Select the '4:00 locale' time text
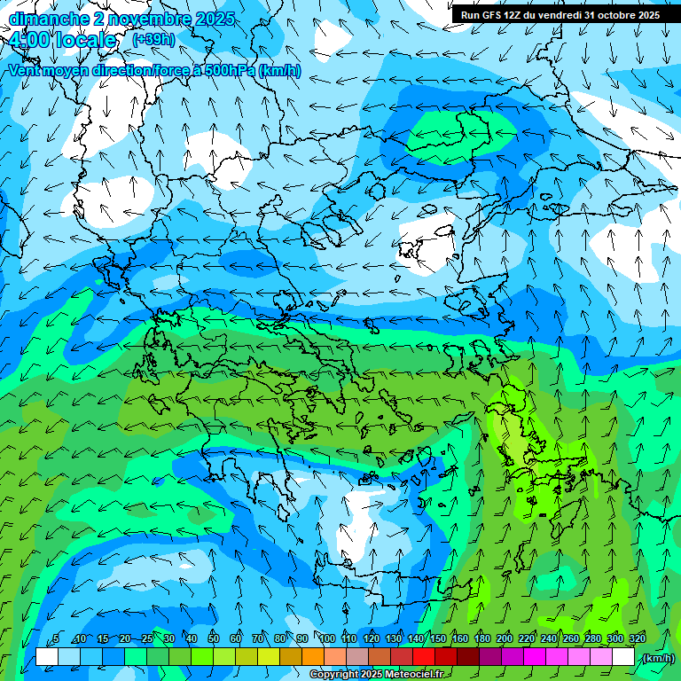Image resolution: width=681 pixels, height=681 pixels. tap(62, 41)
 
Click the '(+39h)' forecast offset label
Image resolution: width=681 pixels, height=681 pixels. tap(154, 40)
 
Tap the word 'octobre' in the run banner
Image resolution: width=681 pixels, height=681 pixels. tap(611, 15)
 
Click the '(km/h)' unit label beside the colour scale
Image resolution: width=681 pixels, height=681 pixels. tap(657, 658)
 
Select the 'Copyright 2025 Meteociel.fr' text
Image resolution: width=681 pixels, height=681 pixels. tap(377, 675)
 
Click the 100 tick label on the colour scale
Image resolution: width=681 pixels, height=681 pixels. tap(326, 638)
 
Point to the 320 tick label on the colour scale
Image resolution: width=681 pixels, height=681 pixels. tap(637, 638)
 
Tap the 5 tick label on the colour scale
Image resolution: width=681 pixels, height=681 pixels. tap(57, 638)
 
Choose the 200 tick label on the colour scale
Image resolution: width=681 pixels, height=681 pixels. tap(504, 638)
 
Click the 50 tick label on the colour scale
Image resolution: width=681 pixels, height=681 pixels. tap(214, 638)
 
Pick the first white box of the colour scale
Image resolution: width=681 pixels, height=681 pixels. tap(47, 657)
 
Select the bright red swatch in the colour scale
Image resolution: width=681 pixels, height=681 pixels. tap(424, 657)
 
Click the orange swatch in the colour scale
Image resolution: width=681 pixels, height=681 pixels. tap(313, 657)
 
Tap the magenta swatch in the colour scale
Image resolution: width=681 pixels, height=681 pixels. tap(535, 657)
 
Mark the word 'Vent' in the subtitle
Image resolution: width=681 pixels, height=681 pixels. tap(25, 71)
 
